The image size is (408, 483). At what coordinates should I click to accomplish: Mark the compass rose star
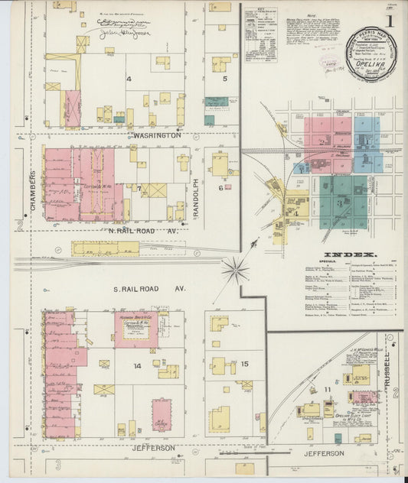click(x=236, y=269)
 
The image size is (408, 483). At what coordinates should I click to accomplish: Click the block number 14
click(x=137, y=366)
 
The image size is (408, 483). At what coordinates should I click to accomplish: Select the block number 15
click(x=245, y=363)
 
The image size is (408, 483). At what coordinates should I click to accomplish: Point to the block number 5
click(x=224, y=79)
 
